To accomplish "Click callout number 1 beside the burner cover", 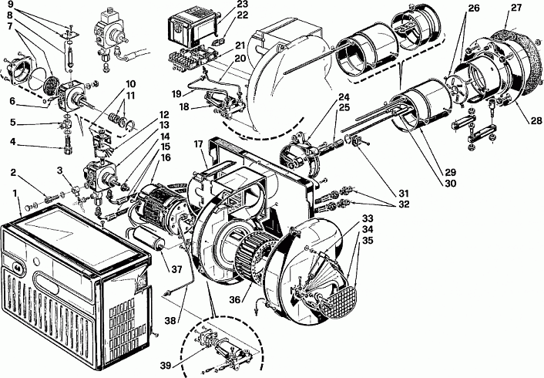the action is tap(15, 193).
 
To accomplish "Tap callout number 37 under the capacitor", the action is tap(176, 269).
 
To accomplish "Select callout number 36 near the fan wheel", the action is tap(235, 299).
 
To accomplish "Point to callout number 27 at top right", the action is tap(516, 7).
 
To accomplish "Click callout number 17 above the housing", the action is tap(198, 143).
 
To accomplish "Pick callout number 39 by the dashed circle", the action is tap(166, 365).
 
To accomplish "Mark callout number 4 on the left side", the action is tap(13, 142).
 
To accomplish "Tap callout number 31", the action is tap(404, 193).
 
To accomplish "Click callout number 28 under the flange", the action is tap(536, 120).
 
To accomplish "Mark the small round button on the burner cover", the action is tap(36, 261).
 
